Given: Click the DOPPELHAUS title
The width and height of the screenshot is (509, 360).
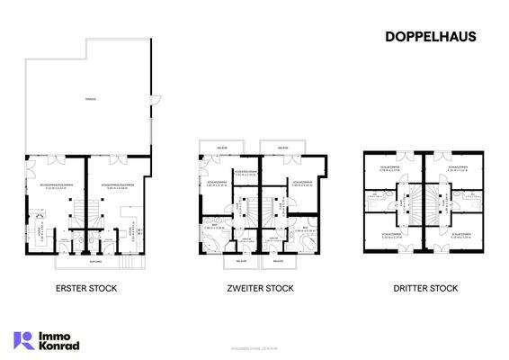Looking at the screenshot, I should coord(431,37).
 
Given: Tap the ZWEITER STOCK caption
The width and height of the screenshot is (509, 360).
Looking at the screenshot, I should coord(260,288).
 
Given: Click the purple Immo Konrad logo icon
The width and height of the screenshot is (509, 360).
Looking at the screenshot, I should coord(23,339).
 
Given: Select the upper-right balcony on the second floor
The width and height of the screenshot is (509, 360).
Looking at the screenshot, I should coord(284,146).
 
